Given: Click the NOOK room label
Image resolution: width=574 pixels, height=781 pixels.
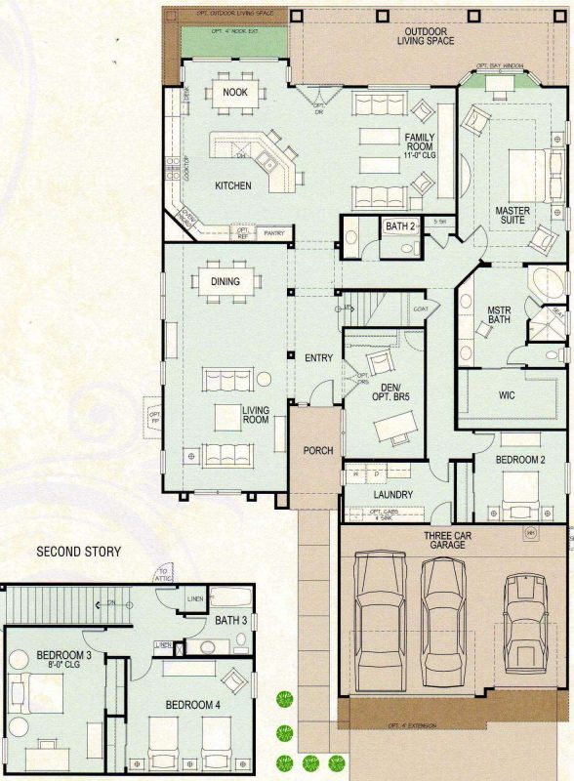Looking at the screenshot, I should pos(234,92).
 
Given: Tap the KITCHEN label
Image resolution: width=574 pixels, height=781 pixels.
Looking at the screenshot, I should pos(233,185).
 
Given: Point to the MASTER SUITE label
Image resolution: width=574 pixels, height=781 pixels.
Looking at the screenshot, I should pos(512,215).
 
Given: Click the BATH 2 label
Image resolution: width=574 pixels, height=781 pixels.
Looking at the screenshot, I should pos(400,226).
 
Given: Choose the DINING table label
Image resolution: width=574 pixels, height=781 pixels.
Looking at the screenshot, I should pos(231,282).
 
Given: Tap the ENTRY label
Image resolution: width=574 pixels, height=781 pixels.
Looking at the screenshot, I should pos(318,358).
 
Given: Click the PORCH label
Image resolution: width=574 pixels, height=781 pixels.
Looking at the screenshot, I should pos(318,451).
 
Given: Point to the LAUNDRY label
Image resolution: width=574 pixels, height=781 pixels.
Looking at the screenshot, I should pos(394,495).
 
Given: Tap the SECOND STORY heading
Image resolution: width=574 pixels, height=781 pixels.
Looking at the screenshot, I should pos(78,553).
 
